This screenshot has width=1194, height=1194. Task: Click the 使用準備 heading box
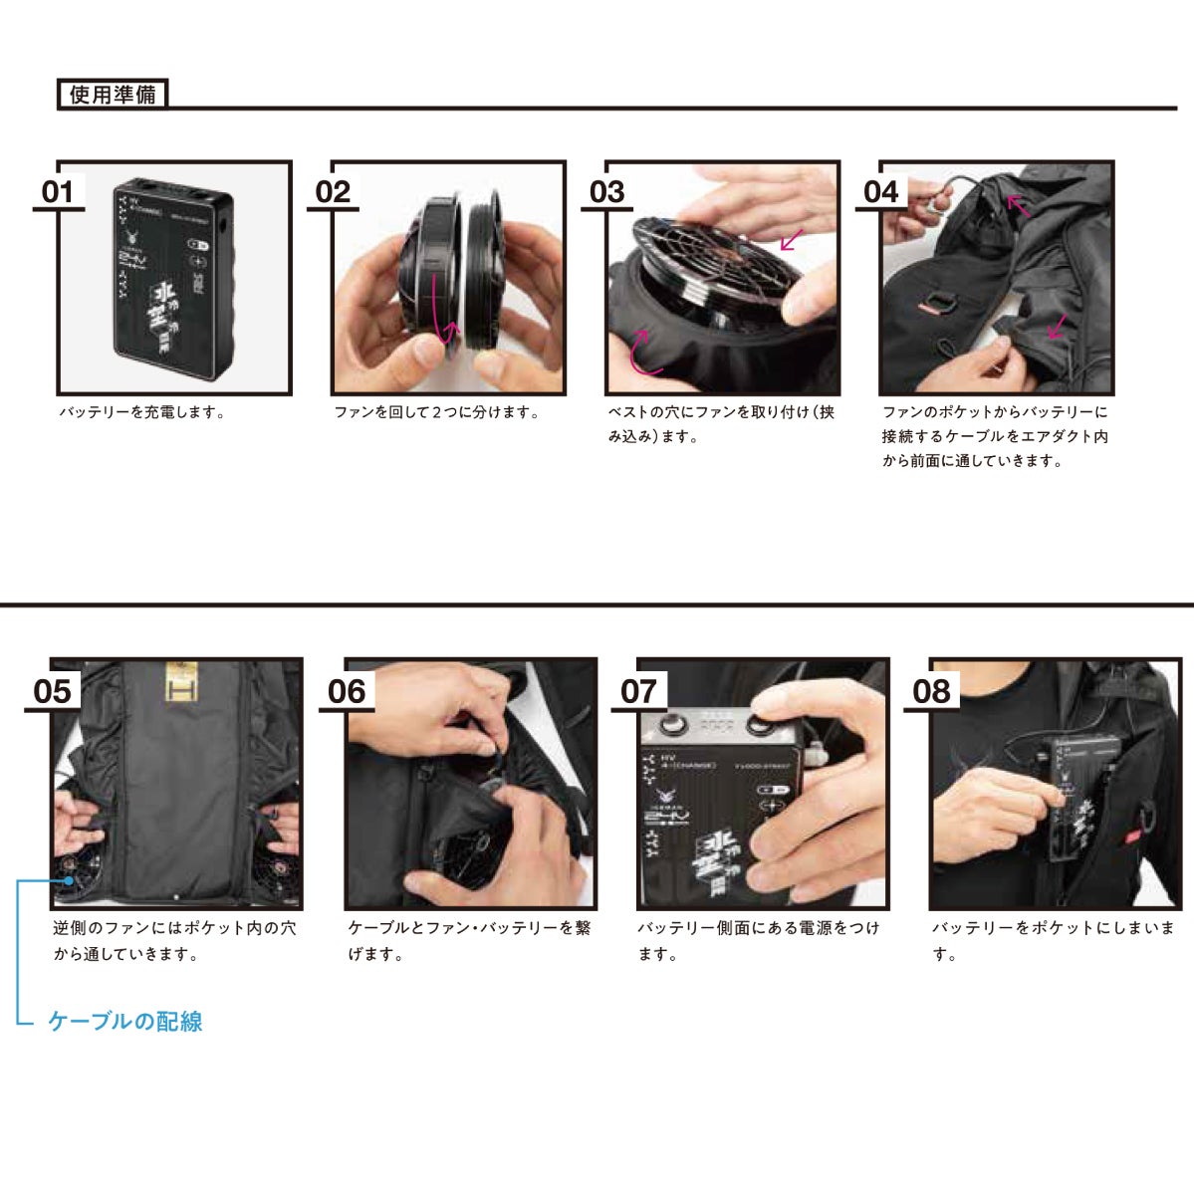click(113, 95)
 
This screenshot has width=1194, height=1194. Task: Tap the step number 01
click(58, 192)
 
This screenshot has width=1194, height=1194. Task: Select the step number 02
click(333, 192)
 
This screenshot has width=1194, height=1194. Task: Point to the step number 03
click(606, 192)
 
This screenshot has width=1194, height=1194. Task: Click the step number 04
click(881, 192)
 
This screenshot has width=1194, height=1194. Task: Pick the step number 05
click(53, 691)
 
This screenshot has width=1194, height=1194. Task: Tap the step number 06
click(347, 691)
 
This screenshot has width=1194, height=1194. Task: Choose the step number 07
click(638, 691)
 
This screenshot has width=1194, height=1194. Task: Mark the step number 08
click(931, 691)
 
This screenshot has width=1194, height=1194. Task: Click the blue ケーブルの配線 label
click(125, 1021)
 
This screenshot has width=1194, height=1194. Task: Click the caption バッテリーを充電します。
click(142, 412)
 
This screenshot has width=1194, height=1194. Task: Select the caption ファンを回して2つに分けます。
click(437, 412)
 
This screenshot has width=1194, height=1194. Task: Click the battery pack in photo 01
click(173, 279)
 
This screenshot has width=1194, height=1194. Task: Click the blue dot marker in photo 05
click(70, 880)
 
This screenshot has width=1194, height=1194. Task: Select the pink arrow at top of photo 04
click(1018, 205)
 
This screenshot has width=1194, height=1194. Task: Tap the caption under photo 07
click(759, 940)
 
